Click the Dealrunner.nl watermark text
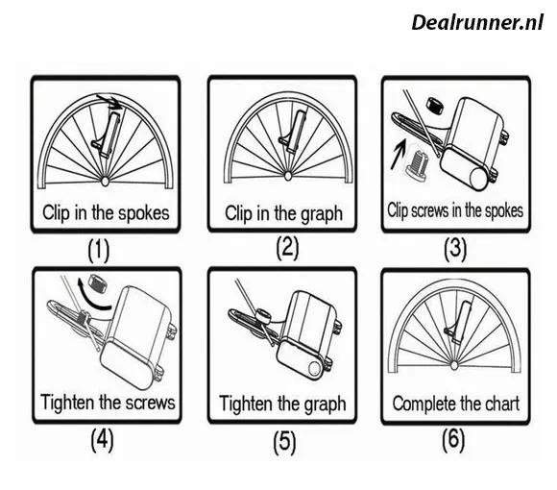coord(477,22)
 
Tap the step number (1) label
coord(99,250)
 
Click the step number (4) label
coord(102,440)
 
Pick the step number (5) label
coord(284,442)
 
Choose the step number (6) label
coord(453,440)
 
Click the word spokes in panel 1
coord(144,213)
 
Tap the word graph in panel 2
coord(322,214)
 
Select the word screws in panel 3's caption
coord(430,210)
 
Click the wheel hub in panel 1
coord(105,181)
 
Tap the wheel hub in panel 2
coord(288,175)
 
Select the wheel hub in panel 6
coord(454,365)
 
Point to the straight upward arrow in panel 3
coord(398,154)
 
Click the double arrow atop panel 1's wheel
coord(110,101)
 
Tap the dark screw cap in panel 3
coord(436,105)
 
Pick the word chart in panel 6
coord(504,404)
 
